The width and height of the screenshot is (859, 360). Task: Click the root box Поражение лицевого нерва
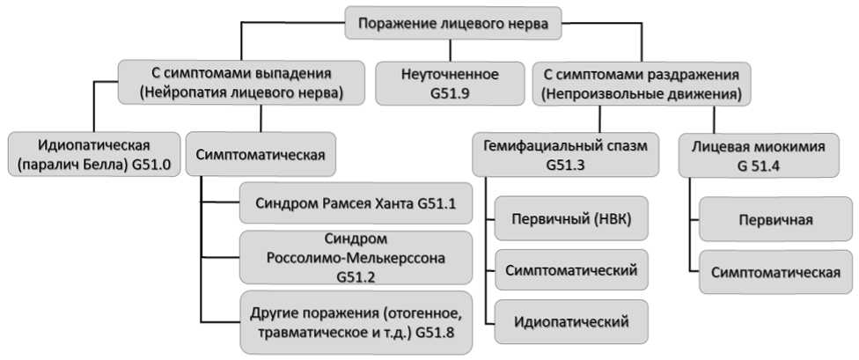click(452, 23)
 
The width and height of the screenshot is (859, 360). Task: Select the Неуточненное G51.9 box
click(450, 83)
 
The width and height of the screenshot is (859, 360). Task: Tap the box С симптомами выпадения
click(241, 83)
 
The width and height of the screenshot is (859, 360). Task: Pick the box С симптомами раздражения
click(641, 83)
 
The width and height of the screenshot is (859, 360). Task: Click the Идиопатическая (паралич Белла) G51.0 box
click(93, 154)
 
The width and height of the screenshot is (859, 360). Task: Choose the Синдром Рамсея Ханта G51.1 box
click(356, 202)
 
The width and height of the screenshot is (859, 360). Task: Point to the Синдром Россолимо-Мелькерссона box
click(356, 258)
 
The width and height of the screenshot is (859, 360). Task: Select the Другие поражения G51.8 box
click(356, 322)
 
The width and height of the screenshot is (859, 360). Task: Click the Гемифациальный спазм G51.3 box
click(566, 154)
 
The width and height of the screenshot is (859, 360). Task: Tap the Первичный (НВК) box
click(571, 218)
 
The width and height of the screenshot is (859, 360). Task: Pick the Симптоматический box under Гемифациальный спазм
click(571, 269)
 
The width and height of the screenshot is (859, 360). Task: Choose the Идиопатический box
click(571, 321)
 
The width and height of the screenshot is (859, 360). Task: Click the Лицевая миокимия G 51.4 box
click(758, 155)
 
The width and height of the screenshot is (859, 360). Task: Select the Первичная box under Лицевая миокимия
click(775, 219)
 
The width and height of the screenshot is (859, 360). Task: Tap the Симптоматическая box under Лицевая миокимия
click(775, 272)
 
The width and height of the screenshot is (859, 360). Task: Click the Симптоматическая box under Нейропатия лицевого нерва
click(261, 154)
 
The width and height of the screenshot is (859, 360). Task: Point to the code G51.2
click(356, 276)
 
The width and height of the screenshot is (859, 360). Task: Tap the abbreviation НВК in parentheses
click(613, 219)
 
